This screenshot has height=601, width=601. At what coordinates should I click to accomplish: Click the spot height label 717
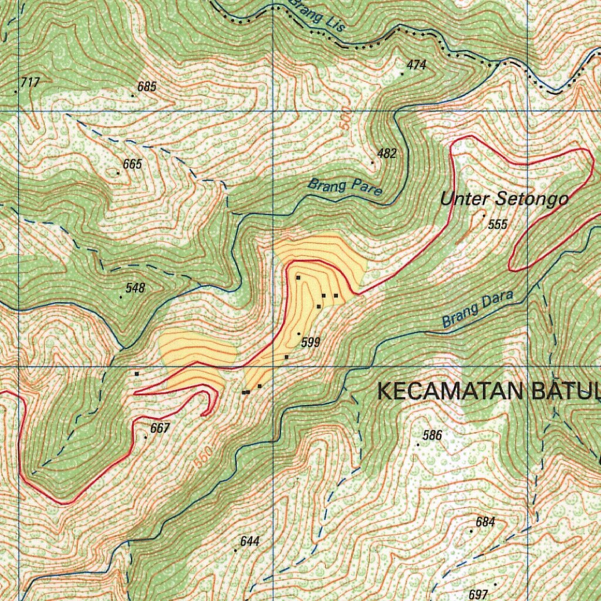click(29, 83)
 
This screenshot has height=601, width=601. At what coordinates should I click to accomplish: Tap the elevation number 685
click(147, 87)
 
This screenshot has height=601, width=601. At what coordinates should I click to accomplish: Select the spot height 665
click(132, 164)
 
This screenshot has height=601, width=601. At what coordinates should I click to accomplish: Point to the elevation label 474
click(416, 65)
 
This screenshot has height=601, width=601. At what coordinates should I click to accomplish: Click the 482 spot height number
click(387, 154)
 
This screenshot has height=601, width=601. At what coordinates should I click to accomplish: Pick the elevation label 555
click(497, 224)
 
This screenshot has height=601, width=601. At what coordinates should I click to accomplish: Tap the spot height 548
click(135, 288)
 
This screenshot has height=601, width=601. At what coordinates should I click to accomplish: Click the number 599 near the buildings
click(310, 342)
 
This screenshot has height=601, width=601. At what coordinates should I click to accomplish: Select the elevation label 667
click(160, 428)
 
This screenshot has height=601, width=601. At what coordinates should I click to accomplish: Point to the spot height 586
click(432, 435)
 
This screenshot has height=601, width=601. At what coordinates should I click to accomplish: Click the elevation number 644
click(250, 541)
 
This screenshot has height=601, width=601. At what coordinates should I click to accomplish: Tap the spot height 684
click(485, 522)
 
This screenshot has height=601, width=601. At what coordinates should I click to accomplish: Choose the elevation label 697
click(478, 595)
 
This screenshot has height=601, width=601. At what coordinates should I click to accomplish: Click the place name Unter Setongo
click(504, 199)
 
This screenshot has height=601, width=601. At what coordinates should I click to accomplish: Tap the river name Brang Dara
click(477, 309)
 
